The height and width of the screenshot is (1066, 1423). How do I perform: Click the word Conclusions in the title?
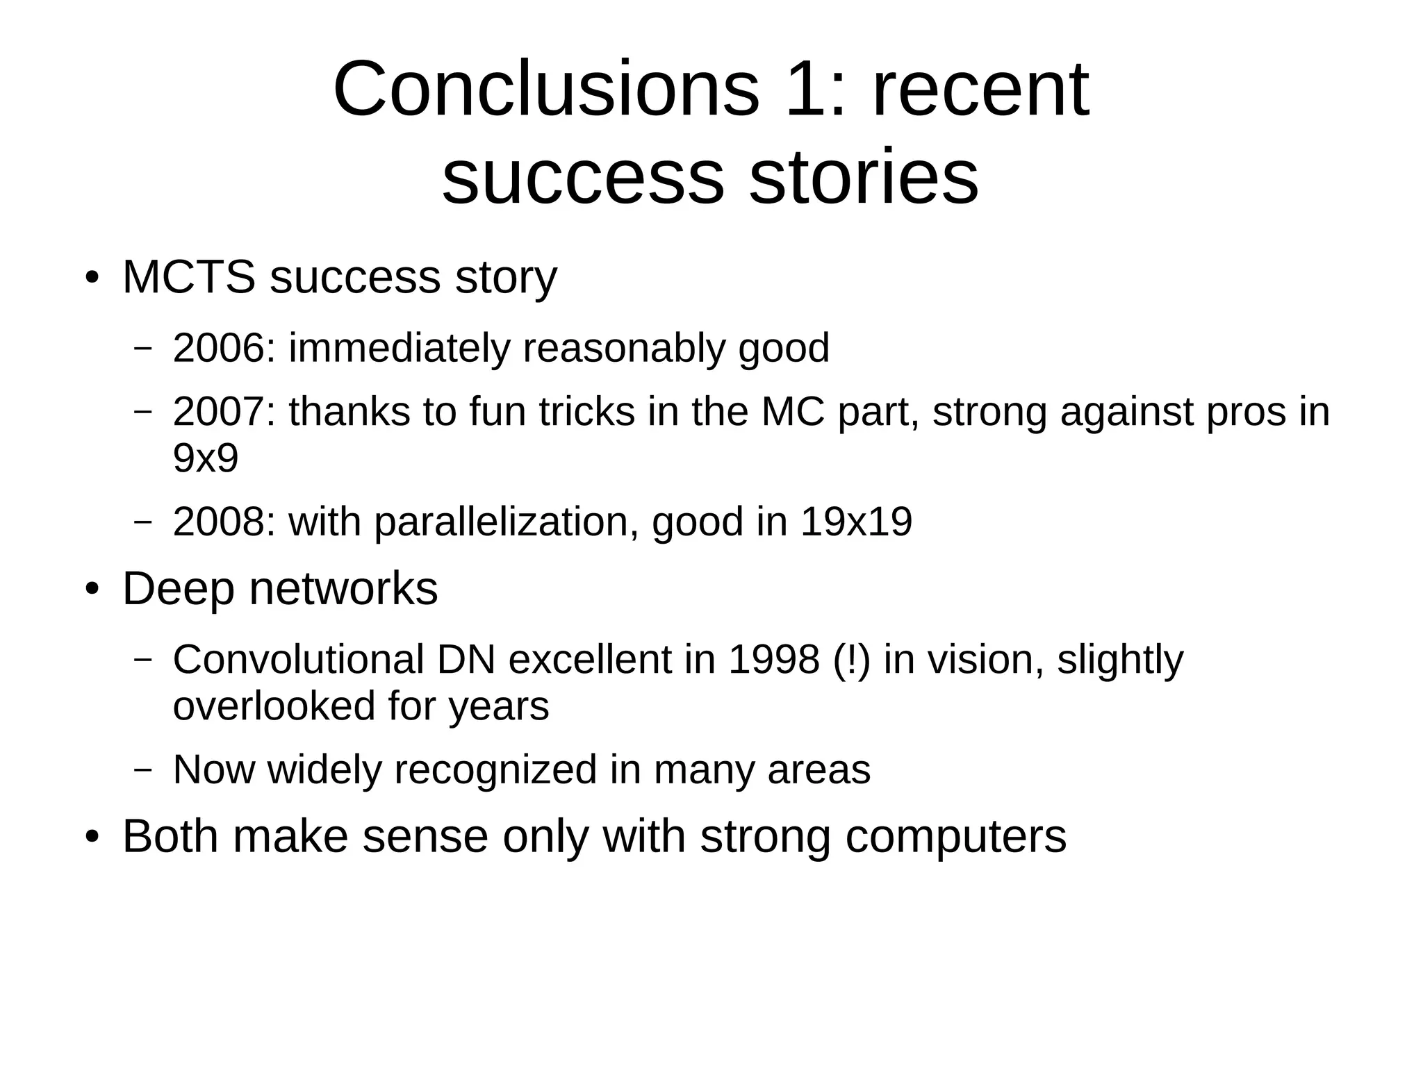pyautogui.click(x=546, y=90)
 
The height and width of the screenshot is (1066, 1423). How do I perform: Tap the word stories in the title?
pyautogui.click(x=864, y=177)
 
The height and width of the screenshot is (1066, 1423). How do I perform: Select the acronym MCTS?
pyautogui.click(x=189, y=277)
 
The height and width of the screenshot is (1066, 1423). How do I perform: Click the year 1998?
pyautogui.click(x=773, y=659)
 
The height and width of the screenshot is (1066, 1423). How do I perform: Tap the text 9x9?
pyautogui.click(x=206, y=458)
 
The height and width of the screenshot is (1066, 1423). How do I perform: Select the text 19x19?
pyautogui.click(x=855, y=522)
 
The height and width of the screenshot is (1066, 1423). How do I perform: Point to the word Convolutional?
pyautogui.click(x=298, y=659)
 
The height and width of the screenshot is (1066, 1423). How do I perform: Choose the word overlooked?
pyautogui.click(x=274, y=706)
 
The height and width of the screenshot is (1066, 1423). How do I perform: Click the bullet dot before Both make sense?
pyautogui.click(x=92, y=838)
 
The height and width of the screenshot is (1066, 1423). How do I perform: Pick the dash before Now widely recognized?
pyautogui.click(x=142, y=770)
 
